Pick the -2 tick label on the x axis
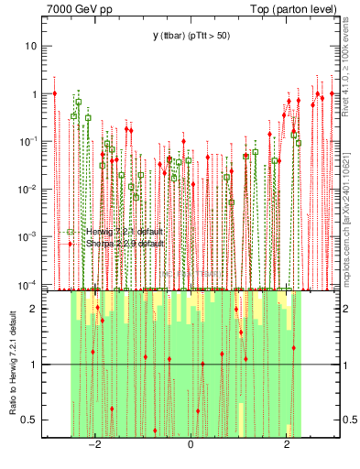[x=93, y=447]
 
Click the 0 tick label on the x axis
[x=191, y=447]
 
